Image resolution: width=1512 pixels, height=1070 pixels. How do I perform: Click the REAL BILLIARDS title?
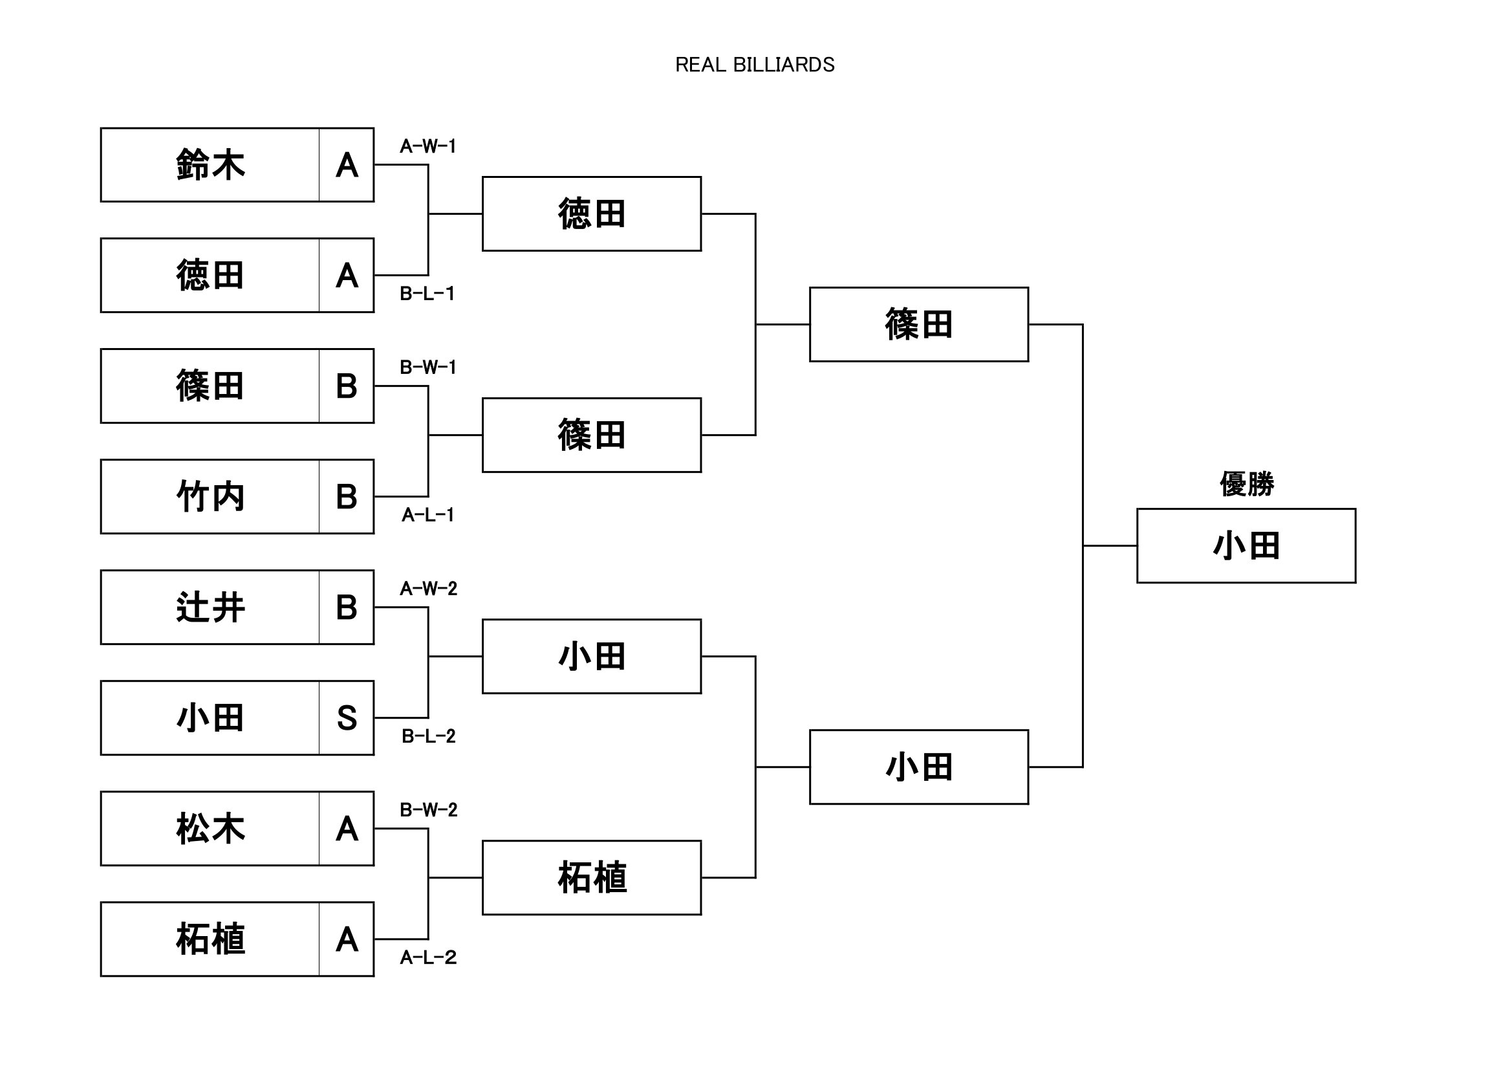[x=755, y=65]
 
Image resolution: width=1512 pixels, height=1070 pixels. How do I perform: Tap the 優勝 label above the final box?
[x=1246, y=485]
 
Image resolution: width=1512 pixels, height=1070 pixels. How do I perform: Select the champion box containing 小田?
[x=1246, y=545]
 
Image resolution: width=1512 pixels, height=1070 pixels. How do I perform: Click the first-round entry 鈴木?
[x=210, y=165]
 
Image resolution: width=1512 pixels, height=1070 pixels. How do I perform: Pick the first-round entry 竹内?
[x=210, y=497]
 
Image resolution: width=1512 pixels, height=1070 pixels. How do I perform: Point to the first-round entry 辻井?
[x=210, y=607]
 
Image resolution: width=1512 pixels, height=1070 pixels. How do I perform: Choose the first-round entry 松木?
[x=210, y=829]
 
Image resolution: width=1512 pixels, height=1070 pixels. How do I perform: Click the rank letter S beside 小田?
[x=347, y=718]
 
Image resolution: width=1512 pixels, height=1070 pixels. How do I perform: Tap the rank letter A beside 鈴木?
[x=347, y=165]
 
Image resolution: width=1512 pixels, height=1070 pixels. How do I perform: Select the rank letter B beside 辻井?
[x=347, y=607]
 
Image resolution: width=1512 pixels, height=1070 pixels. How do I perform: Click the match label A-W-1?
[x=428, y=146]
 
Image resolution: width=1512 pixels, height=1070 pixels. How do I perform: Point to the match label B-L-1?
[x=427, y=294]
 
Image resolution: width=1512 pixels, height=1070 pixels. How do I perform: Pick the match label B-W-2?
[x=429, y=810]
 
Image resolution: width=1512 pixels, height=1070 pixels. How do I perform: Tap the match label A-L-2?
[x=428, y=957]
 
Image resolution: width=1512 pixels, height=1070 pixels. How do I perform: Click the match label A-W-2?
[x=429, y=588]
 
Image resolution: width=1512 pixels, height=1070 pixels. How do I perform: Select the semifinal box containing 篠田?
[x=919, y=324]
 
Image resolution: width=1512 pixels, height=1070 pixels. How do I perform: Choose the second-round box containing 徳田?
[x=591, y=213]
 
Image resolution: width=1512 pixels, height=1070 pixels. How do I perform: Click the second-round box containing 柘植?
[x=591, y=878]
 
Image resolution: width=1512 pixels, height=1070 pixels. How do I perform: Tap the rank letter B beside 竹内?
[x=347, y=497]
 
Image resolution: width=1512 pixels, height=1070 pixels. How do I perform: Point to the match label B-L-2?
[x=429, y=736]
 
